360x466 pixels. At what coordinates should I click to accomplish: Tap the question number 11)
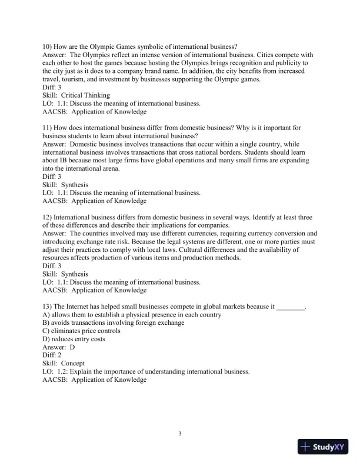click(48, 128)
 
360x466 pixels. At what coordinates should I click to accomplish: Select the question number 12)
click(48, 217)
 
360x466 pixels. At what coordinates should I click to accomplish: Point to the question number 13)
click(48, 307)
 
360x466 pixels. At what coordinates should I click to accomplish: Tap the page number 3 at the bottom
click(180, 434)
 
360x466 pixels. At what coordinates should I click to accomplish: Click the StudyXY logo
click(323, 447)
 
